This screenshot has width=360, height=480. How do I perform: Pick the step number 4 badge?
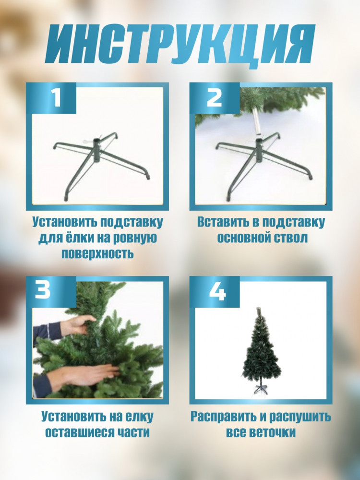[217, 291]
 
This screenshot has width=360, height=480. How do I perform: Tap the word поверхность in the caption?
[97, 254]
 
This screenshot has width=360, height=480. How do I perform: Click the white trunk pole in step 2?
[257, 121]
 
